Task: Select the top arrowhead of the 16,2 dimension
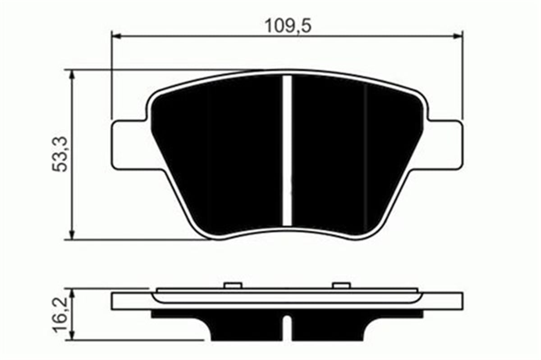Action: coord(71,291)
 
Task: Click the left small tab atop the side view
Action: coord(233,285)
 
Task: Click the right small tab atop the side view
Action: coord(341,285)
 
